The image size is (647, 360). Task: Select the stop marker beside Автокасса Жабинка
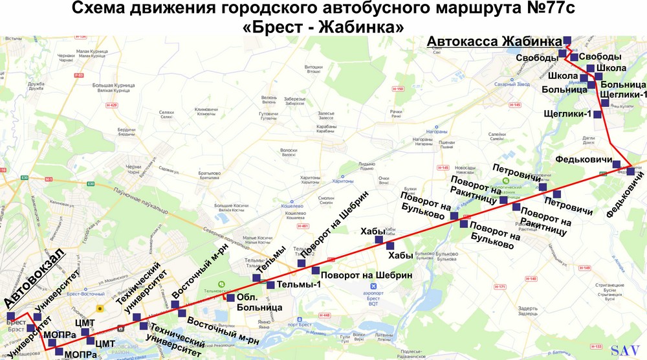click(567, 39)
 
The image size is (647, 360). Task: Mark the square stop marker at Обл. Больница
click(231, 298)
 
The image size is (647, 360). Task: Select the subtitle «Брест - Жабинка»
click(323, 27)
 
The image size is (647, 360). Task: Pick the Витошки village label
click(313, 69)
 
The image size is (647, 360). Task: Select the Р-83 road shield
click(80, 76)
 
